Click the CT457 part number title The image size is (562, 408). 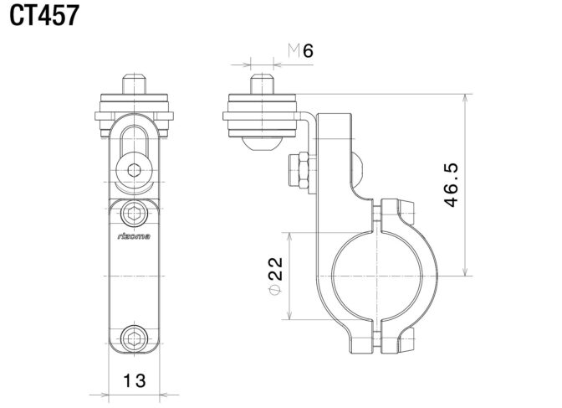(44, 16)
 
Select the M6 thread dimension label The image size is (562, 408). (301, 50)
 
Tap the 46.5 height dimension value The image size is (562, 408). (451, 185)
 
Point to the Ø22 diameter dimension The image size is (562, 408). (276, 276)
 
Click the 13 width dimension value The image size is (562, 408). (135, 380)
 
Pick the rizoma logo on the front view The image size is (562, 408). (134, 236)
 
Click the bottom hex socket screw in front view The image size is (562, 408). (134, 338)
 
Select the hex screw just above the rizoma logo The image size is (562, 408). (134, 214)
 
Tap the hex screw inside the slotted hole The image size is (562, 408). (134, 170)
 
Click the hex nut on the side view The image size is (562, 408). (299, 170)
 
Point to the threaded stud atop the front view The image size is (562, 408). (134, 84)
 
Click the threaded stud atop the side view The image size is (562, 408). (262, 84)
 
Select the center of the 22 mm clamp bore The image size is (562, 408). (377, 276)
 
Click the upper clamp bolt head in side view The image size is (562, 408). (406, 211)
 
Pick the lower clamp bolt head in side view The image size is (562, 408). (406, 340)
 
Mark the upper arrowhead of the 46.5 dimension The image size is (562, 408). (465, 98)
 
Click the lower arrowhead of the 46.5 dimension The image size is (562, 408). (465, 271)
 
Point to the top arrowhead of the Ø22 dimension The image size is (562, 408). (289, 237)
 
